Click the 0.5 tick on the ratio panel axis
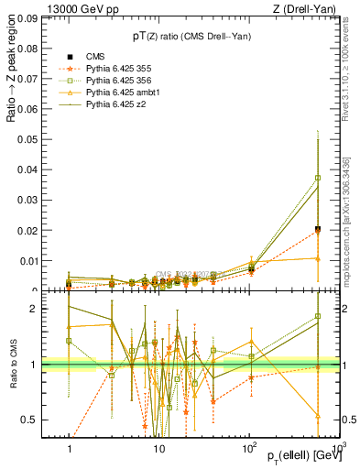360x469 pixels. pos(33,420)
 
